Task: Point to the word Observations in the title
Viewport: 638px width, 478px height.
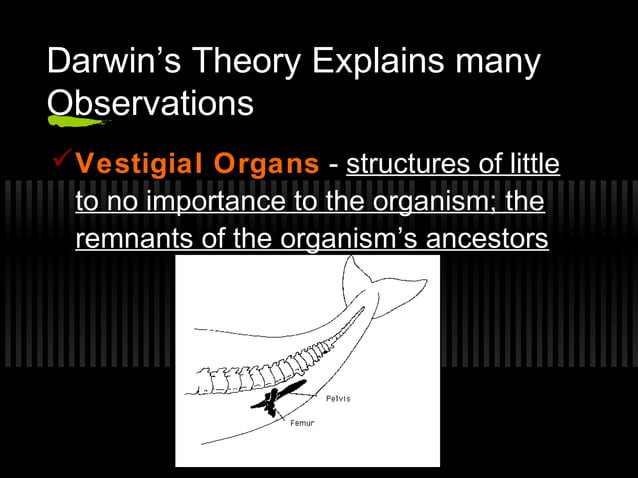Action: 150,103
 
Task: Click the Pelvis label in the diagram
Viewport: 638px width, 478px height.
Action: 338,399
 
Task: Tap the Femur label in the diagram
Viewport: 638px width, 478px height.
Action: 302,423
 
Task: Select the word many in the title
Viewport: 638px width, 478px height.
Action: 496,63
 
